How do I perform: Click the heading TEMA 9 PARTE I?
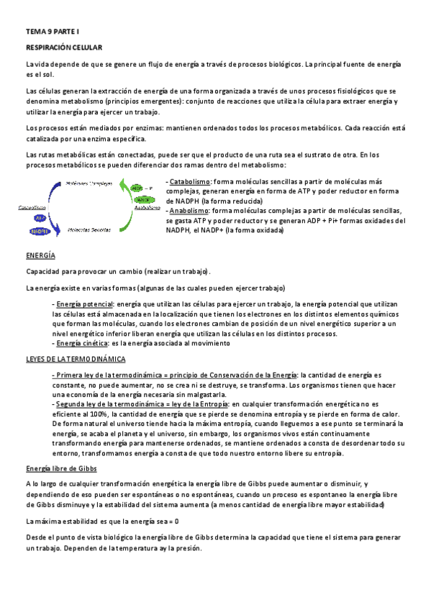tap(53, 32)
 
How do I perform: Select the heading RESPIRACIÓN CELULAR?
tap(65, 47)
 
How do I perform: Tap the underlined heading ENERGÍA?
tap(40, 256)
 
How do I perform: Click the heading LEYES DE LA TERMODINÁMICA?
tap(76, 358)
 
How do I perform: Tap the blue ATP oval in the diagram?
tap(40, 218)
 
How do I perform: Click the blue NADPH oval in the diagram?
tap(40, 231)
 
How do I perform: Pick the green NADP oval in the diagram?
tap(142, 199)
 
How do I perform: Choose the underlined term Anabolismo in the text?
tap(189, 211)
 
